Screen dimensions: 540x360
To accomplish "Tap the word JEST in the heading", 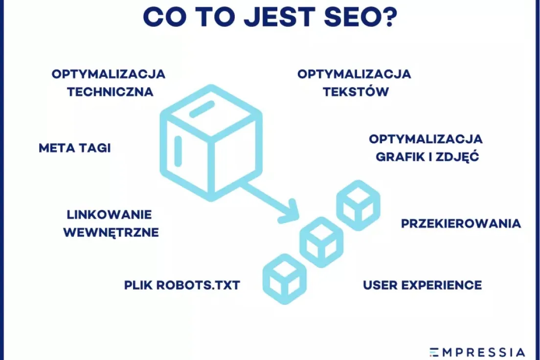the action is point(280,17).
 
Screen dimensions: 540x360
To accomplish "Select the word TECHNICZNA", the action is point(110,92).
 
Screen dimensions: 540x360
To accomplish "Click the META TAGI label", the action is point(75,148).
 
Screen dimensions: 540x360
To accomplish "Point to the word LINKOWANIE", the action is point(109,215).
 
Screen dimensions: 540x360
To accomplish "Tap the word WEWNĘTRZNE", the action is point(111,232).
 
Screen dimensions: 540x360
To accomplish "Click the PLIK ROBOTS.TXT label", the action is point(182,285).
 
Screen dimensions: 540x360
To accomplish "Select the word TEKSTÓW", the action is point(356,91).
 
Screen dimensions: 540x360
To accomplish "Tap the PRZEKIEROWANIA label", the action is point(461,224).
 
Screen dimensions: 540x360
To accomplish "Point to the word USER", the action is point(381,285).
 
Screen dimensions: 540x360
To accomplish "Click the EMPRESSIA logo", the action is point(477,353).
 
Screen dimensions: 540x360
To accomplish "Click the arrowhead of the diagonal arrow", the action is point(290,212).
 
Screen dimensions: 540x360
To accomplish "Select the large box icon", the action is point(211,143).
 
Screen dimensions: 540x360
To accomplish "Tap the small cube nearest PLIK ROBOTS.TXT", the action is point(285,279).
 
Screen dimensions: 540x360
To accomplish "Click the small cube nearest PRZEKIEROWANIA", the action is point(358,205).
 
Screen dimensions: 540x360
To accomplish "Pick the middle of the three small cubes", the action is point(321,242).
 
